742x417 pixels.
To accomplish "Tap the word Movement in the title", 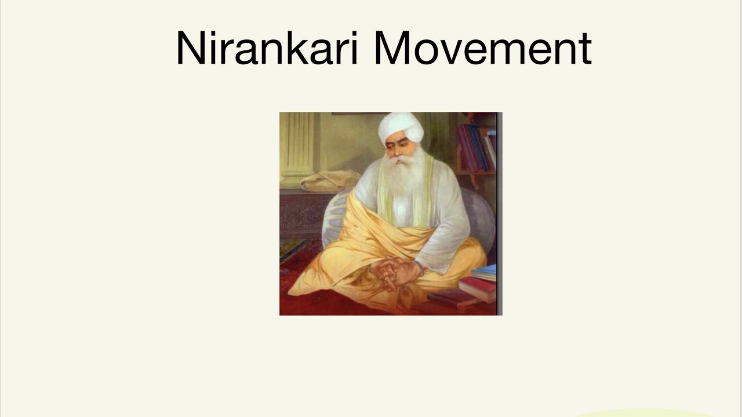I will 482,49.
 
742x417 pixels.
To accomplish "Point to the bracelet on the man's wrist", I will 421,268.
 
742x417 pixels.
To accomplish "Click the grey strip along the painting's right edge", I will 499,214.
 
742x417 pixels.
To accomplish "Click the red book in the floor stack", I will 479,286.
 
